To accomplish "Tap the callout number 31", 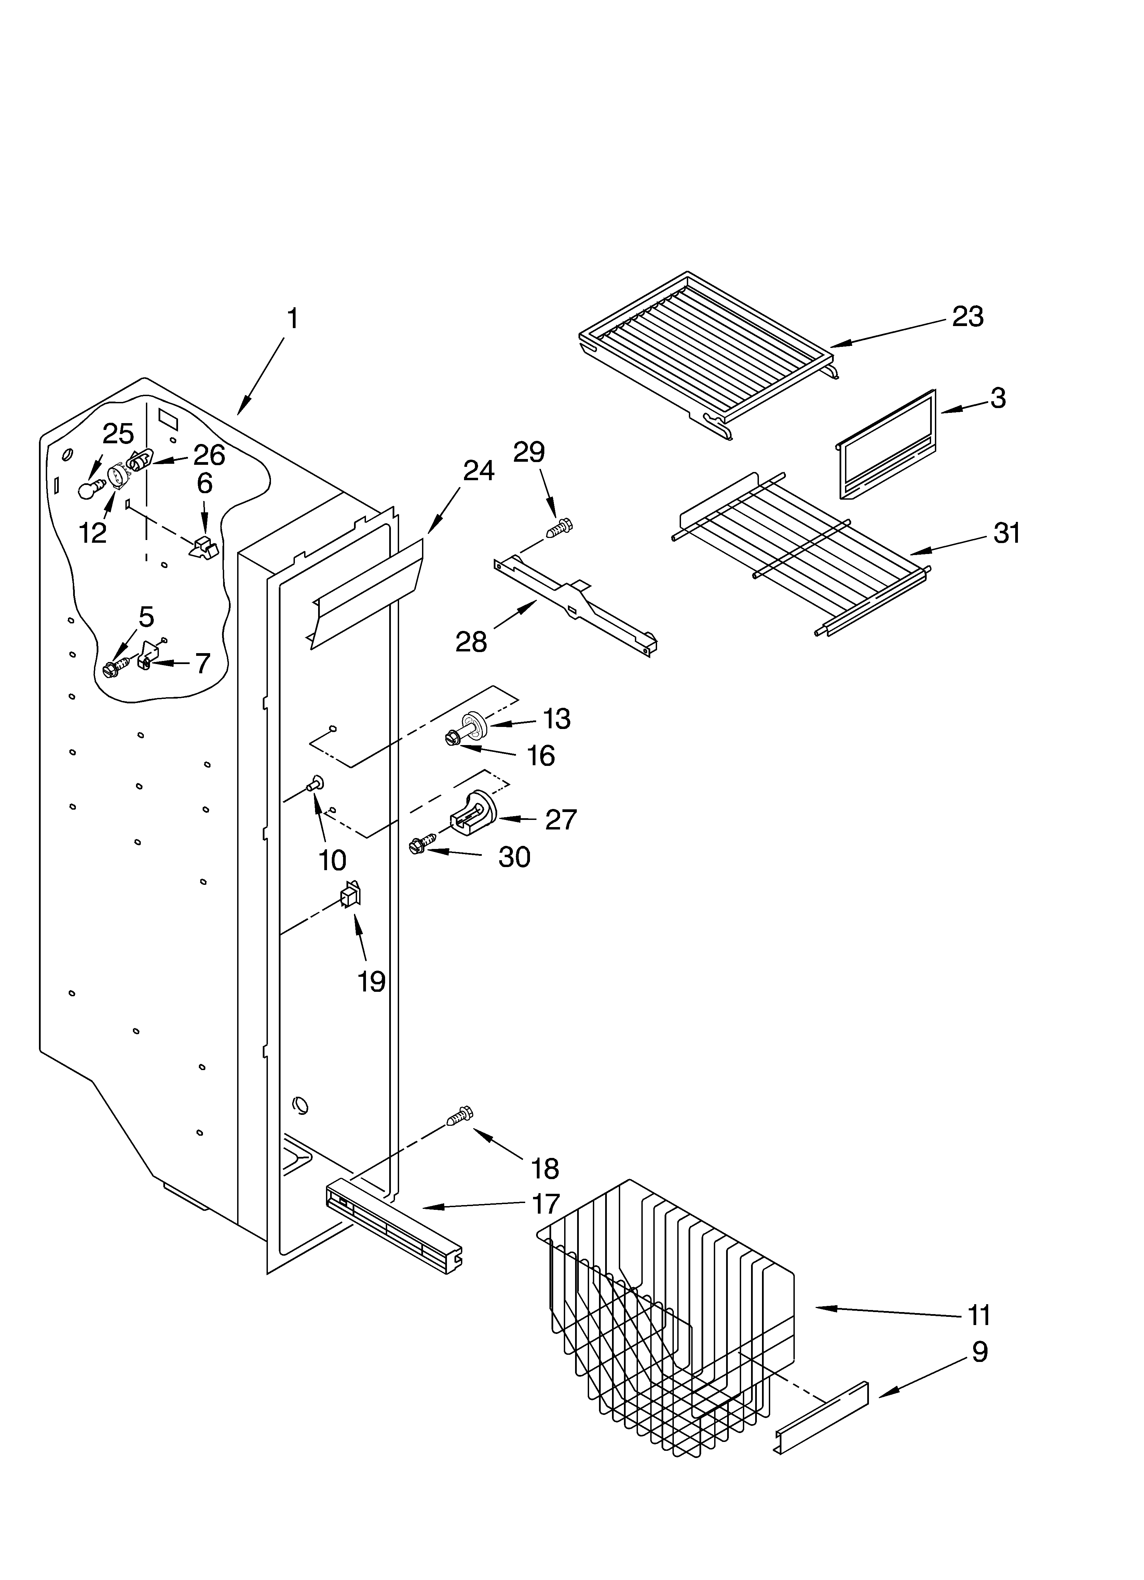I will [1006, 533].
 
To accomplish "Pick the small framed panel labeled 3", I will [885, 446].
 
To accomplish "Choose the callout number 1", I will [292, 319].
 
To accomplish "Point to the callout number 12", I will [93, 533].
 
